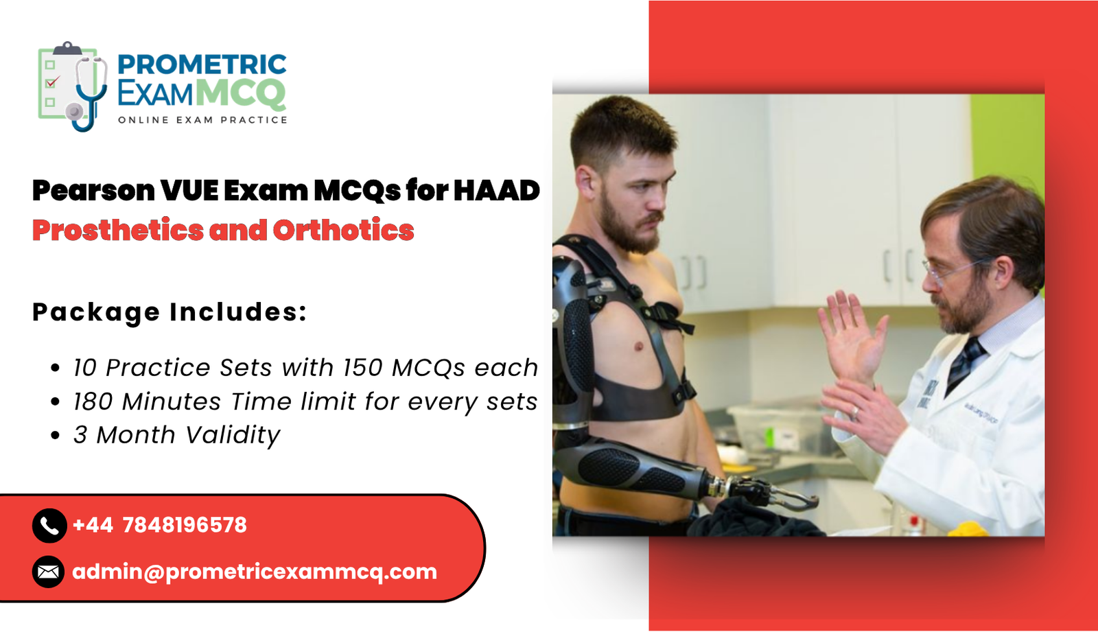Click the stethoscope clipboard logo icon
(x=72, y=86)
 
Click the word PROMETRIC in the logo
(x=202, y=65)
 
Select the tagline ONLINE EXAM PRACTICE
(x=202, y=120)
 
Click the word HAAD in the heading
(x=496, y=191)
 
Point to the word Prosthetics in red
(x=117, y=231)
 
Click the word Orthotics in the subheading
(x=343, y=231)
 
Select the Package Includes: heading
(x=170, y=312)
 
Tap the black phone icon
(x=49, y=526)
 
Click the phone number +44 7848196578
(x=159, y=526)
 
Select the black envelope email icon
(x=49, y=572)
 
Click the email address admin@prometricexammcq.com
(x=255, y=572)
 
